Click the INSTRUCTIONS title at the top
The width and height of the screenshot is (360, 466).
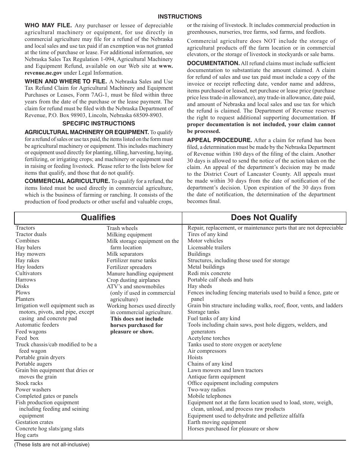click(x=180, y=17)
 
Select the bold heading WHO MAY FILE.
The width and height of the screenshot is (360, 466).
click(x=48, y=25)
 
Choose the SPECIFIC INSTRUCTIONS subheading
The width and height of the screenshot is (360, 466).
click(x=99, y=124)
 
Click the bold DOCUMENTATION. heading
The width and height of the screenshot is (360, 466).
click(x=213, y=63)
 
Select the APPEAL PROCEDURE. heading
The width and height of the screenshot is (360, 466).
click(x=219, y=140)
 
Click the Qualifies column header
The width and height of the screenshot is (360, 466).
click(x=98, y=217)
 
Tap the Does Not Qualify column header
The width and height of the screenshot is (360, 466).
click(x=264, y=217)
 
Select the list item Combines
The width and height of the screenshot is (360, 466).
click(x=27, y=241)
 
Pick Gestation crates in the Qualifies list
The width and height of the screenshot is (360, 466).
click(x=34, y=422)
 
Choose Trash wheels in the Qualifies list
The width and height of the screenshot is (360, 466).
click(x=122, y=228)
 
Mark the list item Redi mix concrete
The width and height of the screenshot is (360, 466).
click(x=209, y=273)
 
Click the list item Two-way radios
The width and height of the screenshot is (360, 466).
click(x=207, y=389)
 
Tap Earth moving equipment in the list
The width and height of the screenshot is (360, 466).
click(x=217, y=422)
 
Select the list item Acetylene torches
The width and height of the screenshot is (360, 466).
click(x=208, y=338)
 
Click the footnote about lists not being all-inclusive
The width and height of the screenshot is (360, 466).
click(x=52, y=445)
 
